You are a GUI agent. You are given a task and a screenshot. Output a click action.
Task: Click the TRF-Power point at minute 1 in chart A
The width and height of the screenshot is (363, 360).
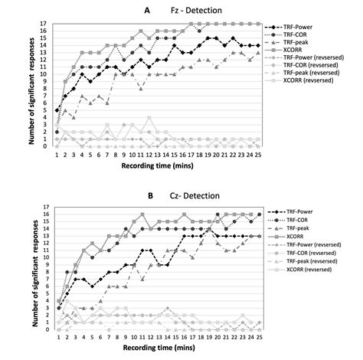click(x=57, y=110)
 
